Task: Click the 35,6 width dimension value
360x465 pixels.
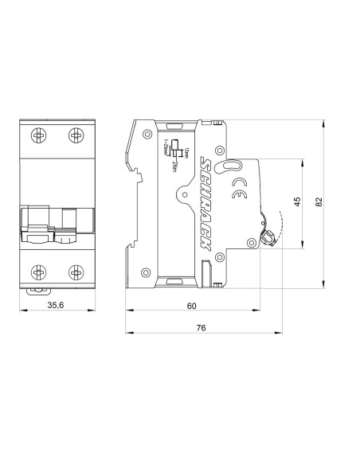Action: (57, 304)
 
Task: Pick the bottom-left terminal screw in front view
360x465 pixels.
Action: (37, 272)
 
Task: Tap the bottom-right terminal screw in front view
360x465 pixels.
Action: (75, 272)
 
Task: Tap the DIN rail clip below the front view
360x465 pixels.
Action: (37, 291)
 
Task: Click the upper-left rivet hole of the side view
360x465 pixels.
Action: (148, 135)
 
